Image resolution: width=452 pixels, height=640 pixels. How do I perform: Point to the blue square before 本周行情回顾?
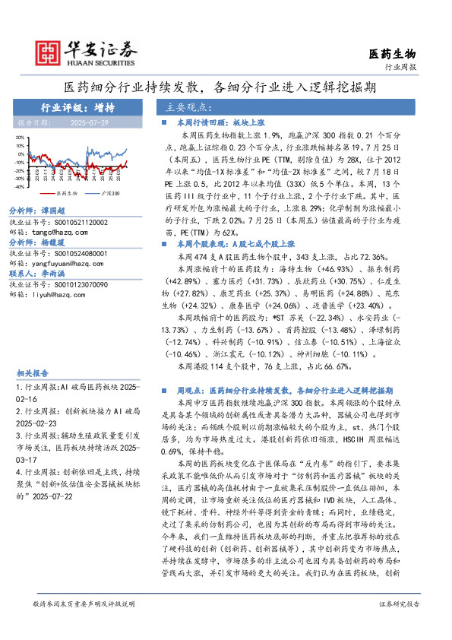pos(166,122)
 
